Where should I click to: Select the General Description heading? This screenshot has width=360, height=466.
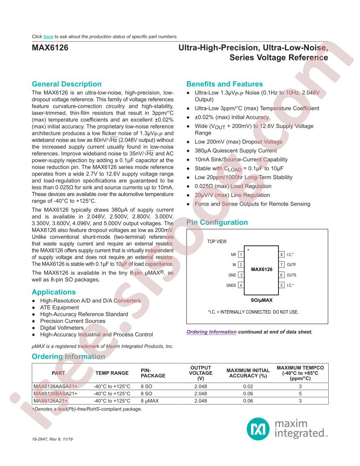tap(67, 84)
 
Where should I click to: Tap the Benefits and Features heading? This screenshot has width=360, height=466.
tap(225, 84)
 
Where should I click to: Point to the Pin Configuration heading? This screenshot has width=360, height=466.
tap(217, 223)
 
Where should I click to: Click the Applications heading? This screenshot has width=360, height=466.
tap(54, 292)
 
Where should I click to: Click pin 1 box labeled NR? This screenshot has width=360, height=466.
tap(241, 255)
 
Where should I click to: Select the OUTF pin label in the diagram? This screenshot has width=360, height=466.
tap(291, 265)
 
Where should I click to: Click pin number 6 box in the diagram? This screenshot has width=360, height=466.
tap(281, 275)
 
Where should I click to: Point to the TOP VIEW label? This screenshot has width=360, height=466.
tap(217, 241)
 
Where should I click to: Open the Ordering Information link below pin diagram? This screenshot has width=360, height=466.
tap(212, 332)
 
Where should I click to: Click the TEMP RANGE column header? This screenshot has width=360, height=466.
tap(112, 373)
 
